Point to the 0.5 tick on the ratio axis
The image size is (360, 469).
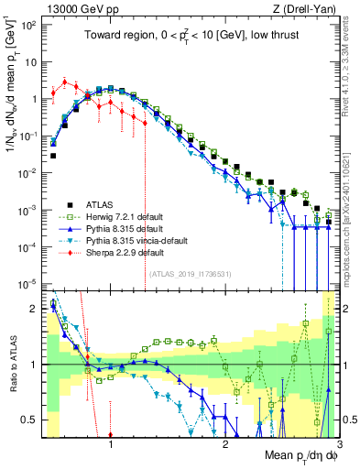click(35, 420)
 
